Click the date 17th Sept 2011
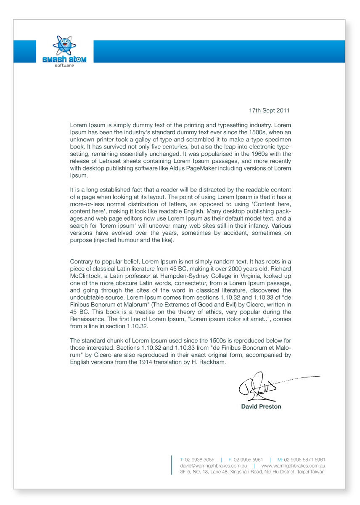(269, 111)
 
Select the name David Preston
(261, 407)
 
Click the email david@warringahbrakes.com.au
(213, 466)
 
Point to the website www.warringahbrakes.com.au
(293, 466)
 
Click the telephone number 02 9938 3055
(200, 460)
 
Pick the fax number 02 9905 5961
(249, 460)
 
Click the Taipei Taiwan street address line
(252, 472)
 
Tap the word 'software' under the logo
(64, 66)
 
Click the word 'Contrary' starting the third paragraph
(81, 261)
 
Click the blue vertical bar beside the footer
(172, 465)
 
